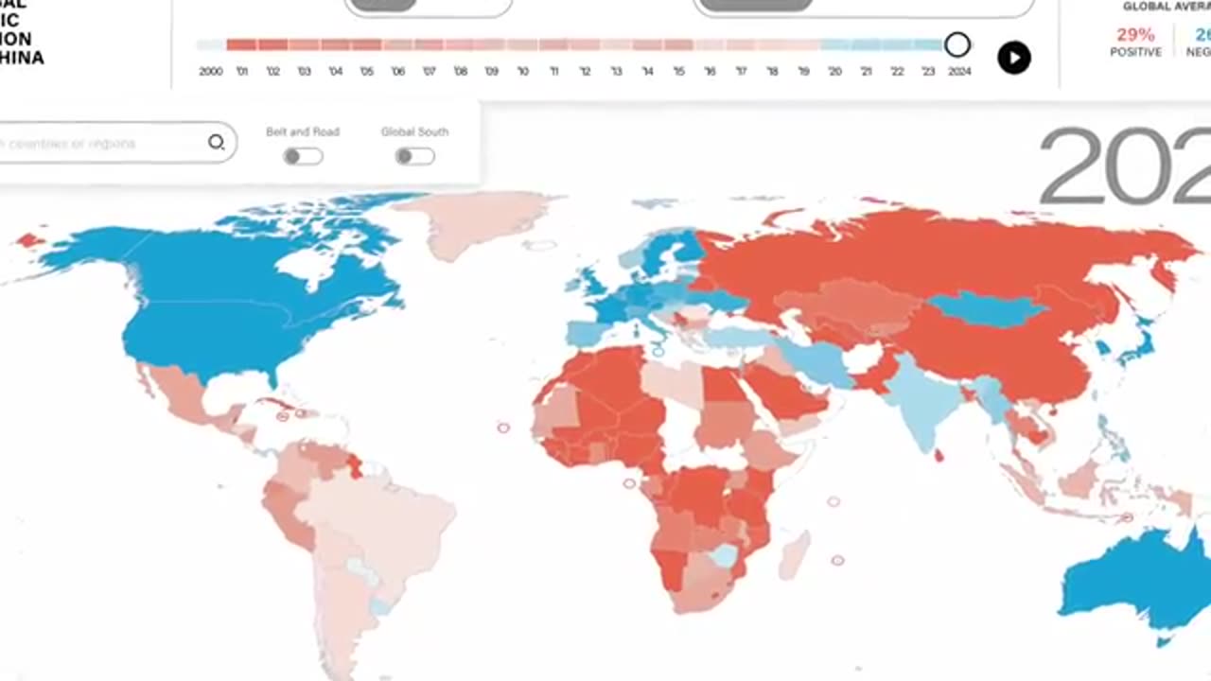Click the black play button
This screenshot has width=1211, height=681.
(1013, 58)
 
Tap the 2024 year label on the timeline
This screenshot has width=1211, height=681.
(958, 72)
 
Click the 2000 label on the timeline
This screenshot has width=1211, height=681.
(210, 72)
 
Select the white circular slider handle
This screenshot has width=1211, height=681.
(957, 44)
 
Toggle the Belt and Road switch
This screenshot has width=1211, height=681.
(303, 156)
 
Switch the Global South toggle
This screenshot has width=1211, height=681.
(414, 156)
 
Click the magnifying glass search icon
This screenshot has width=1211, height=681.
(217, 143)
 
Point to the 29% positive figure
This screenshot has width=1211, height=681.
(1135, 35)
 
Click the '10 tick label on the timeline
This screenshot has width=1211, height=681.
(522, 72)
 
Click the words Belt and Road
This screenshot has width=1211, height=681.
(303, 132)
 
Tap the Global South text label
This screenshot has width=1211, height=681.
(414, 132)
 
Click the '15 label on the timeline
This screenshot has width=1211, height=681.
(678, 72)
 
